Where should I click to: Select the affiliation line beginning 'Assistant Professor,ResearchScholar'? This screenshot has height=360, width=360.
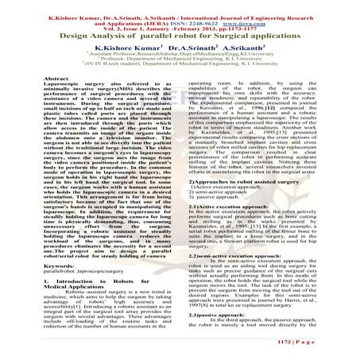175,56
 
